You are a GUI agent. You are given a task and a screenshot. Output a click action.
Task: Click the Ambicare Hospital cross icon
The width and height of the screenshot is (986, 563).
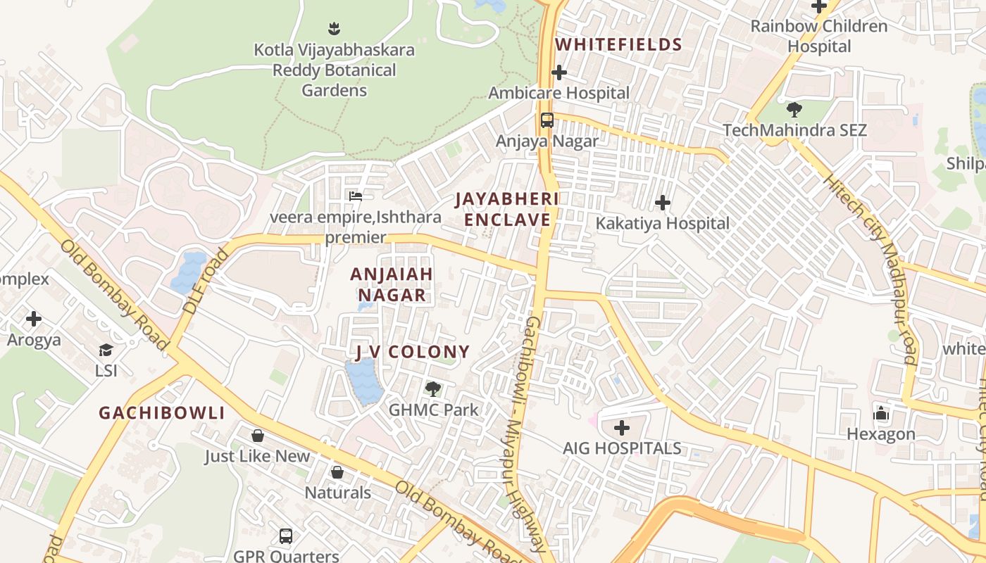tap(559, 72)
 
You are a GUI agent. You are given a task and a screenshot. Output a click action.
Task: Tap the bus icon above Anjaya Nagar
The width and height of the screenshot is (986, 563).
tap(547, 120)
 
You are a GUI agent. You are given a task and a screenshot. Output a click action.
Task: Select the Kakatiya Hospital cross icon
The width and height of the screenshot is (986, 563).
tap(663, 203)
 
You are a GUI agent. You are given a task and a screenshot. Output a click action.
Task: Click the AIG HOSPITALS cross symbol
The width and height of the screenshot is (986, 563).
tap(622, 428)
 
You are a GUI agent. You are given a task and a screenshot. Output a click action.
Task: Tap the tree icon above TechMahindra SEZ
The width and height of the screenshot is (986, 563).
tap(794, 110)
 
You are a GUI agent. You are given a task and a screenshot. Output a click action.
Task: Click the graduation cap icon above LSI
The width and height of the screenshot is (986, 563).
tap(106, 350)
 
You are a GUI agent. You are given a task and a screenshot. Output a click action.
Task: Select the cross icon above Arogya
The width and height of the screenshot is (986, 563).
tap(34, 320)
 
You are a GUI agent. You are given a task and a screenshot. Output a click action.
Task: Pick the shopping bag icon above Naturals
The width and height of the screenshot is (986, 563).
tap(337, 472)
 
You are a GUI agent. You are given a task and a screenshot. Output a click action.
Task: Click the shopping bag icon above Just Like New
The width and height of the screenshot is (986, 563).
tap(258, 436)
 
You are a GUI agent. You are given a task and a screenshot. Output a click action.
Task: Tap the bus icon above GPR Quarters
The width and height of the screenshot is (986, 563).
tap(286, 536)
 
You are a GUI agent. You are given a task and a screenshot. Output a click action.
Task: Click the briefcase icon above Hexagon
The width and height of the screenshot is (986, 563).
tap(881, 413)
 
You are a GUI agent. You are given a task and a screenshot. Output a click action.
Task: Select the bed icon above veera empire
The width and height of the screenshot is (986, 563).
tap(356, 196)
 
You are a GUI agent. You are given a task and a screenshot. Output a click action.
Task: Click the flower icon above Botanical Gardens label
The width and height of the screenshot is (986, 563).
tap(335, 29)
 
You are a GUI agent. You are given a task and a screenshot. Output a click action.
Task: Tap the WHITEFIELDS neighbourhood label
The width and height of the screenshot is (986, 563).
tap(618, 45)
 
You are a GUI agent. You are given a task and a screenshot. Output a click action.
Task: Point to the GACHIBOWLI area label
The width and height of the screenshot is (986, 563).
tap(161, 413)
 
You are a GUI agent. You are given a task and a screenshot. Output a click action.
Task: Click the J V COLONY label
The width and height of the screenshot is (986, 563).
tap(412, 352)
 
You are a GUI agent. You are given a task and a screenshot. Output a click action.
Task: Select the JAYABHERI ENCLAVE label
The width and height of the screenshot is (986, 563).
tap(507, 210)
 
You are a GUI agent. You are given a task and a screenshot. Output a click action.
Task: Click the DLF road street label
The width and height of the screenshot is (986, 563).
tap(199, 281)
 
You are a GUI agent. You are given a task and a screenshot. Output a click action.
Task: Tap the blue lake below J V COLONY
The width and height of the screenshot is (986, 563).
tap(363, 382)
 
